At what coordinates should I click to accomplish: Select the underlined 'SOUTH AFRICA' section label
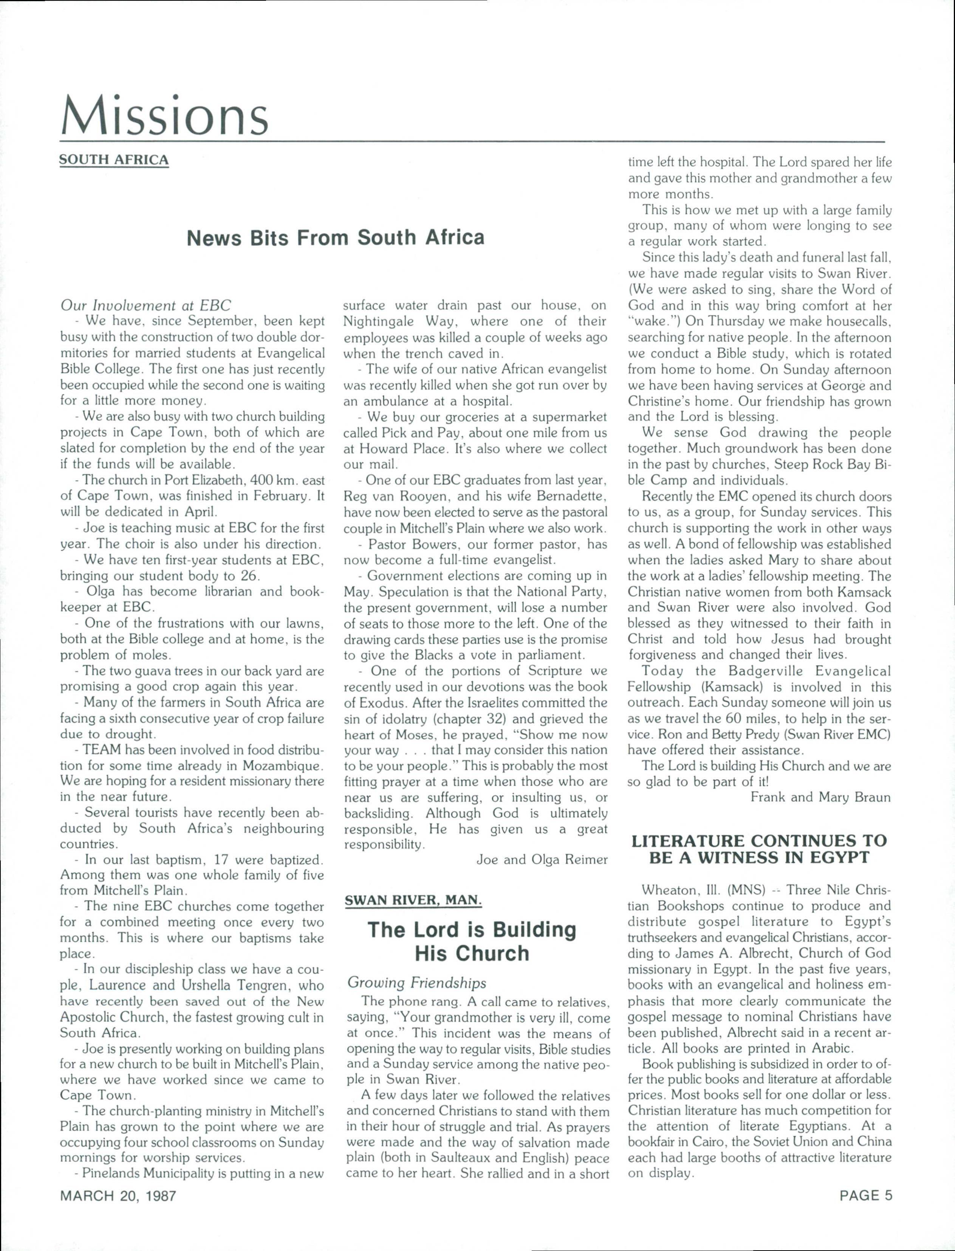(x=114, y=160)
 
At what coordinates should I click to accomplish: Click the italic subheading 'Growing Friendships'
(x=417, y=983)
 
